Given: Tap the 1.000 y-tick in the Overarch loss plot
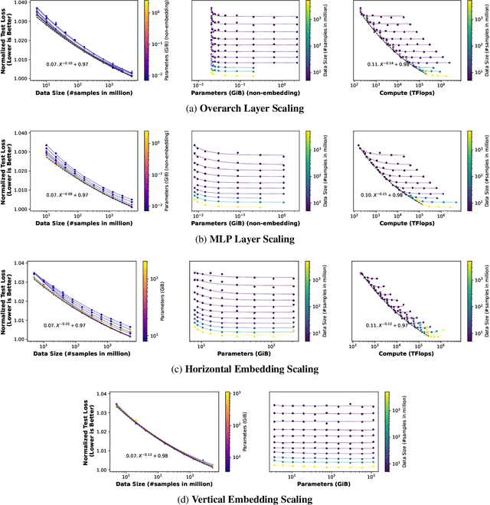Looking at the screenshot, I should coord(20,78).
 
